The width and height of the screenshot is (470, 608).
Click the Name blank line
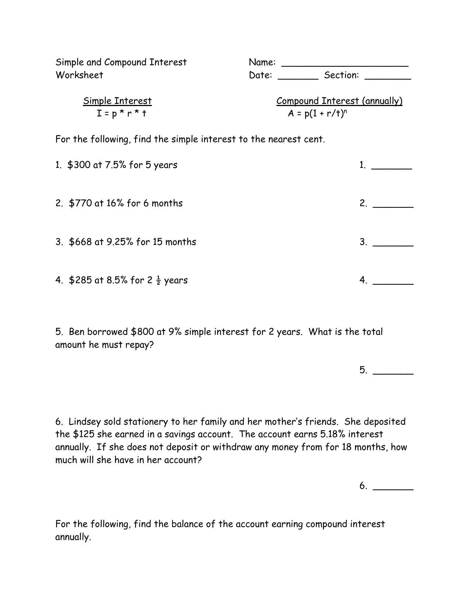point(345,65)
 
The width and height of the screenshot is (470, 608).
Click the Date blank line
point(298,78)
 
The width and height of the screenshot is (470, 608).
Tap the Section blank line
point(387,78)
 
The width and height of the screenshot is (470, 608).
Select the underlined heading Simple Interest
point(117,101)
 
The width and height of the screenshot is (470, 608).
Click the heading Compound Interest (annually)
point(339,101)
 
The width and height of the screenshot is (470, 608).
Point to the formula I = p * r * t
point(122,113)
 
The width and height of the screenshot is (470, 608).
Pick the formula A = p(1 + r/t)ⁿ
point(317,113)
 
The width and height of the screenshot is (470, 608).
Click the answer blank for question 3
point(393,245)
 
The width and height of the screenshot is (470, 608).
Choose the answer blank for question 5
point(393,373)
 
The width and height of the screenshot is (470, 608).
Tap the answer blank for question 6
point(393,489)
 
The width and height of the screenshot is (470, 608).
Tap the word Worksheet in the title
point(79,75)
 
